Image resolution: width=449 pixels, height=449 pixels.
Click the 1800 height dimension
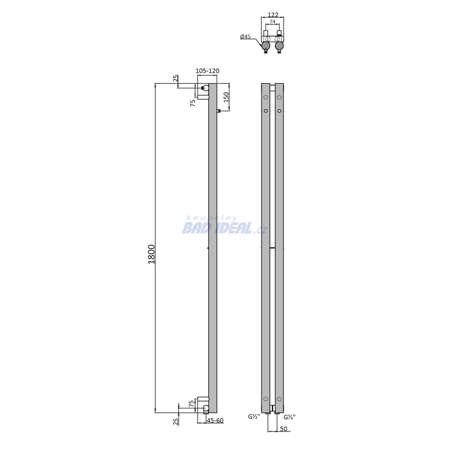(x=151, y=254)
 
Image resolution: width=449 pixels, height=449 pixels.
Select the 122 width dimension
(x=273, y=15)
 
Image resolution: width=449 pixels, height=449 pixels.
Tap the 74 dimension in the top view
(x=272, y=22)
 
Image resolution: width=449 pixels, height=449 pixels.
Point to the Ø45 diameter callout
(x=246, y=37)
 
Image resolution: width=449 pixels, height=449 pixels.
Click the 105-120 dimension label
(x=207, y=71)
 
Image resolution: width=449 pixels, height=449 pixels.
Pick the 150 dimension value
(x=226, y=97)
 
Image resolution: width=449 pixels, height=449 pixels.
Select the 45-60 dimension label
(x=215, y=420)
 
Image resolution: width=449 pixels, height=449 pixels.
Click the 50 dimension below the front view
(x=284, y=429)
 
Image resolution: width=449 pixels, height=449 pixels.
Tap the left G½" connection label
(x=254, y=417)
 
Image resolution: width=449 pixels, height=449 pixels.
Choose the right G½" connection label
(x=289, y=417)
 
